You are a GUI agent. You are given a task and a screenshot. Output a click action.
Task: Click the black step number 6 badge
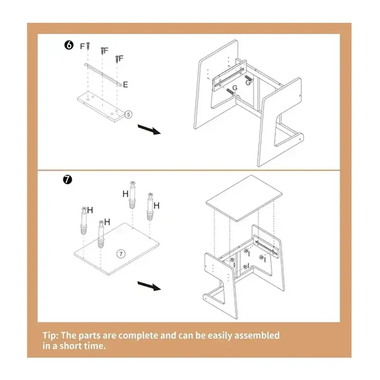pos(69,45)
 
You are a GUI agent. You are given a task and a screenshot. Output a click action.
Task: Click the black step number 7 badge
pos(67,180)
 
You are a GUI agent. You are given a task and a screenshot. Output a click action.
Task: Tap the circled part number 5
pos(129,114)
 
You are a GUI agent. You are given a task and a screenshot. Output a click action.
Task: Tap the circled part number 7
pos(121,254)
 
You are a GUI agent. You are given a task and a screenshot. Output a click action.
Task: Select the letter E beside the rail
pos(125,85)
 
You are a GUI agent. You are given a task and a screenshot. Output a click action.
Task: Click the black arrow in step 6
pos(149,129)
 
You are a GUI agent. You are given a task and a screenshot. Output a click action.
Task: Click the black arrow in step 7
pos(149,286)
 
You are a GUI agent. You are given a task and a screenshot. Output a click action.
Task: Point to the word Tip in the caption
pos(50,336)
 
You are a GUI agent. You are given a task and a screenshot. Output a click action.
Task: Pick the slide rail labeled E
pos(103,74)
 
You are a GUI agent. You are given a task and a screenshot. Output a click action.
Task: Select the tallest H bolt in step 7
pos(133,194)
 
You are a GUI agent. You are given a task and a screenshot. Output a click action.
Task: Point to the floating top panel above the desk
pos(244,198)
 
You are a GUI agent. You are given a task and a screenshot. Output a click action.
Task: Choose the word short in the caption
pos(70,346)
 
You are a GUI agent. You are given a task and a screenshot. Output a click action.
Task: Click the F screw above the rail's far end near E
pos(117,59)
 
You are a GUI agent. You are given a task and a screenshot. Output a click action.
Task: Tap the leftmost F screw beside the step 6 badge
pos(88,45)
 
